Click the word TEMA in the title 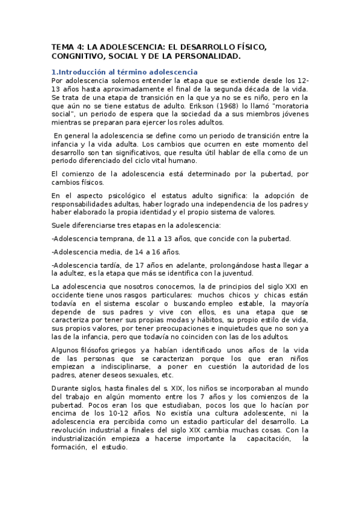pos(61,46)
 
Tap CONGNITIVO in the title pos(78,57)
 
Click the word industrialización pos(82,439)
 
